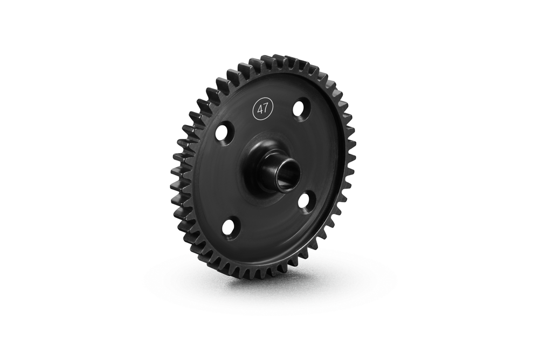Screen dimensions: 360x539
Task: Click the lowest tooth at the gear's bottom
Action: pos(253,274)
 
